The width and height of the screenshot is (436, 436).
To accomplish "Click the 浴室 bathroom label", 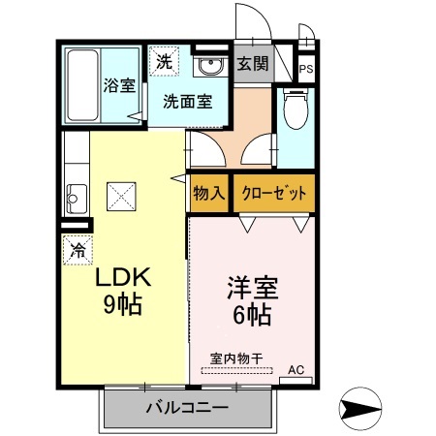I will (x=120, y=85).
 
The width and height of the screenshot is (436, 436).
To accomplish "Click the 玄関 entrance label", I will (x=253, y=65).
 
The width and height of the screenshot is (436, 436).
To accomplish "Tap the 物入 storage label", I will (x=209, y=193).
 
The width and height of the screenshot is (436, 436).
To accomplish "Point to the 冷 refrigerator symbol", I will (x=77, y=249).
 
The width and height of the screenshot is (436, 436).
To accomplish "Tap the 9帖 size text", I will (x=123, y=305).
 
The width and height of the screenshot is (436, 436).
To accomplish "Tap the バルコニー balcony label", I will (x=186, y=407).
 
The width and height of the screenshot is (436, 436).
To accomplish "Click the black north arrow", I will (x=363, y=410).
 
